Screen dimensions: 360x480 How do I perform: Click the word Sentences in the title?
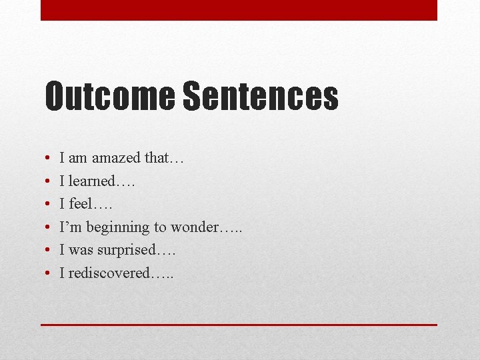coord(260,96)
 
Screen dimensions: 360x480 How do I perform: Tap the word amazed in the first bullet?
coord(116,158)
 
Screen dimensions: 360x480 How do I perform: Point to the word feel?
coord(83,204)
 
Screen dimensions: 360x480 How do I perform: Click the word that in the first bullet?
coord(160,158)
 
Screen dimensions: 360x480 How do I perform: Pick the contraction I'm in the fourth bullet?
coord(69,227)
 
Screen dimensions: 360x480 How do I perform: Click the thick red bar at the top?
coord(239,10)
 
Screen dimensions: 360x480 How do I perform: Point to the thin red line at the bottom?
coord(239,325)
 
